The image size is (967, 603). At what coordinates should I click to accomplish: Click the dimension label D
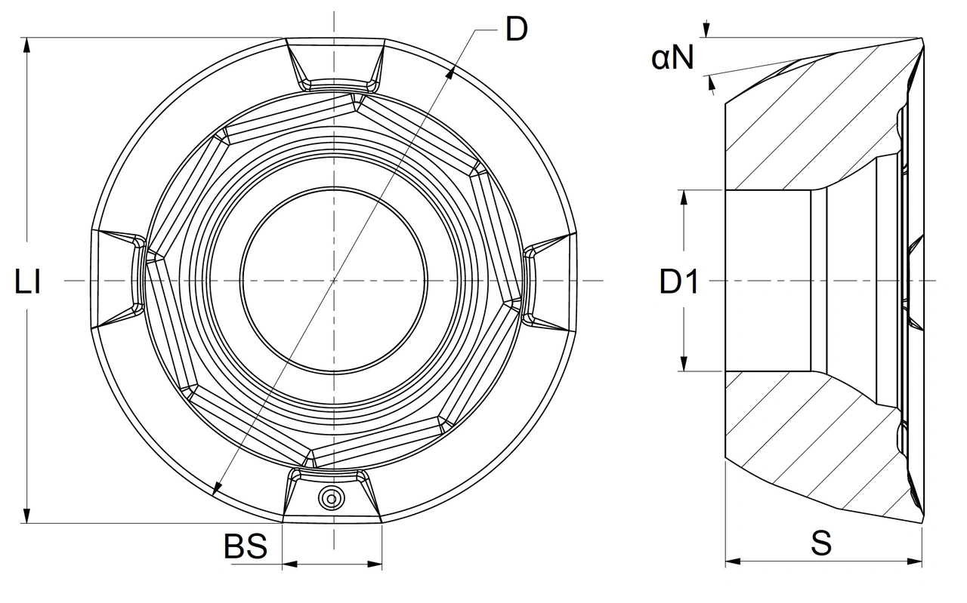[x=516, y=29]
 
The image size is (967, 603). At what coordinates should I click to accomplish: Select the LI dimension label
[x=28, y=282]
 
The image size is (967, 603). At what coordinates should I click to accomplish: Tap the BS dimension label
[x=246, y=546]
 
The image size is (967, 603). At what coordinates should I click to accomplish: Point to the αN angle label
[x=672, y=57]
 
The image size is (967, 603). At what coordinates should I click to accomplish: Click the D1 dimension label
[x=679, y=282]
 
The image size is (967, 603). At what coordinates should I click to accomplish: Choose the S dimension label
[x=821, y=543]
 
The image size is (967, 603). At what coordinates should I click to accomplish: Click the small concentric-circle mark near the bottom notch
[x=332, y=499]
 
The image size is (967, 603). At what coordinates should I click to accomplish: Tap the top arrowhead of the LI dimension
[x=26, y=45]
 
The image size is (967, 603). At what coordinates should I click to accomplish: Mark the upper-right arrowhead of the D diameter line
[x=450, y=73]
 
